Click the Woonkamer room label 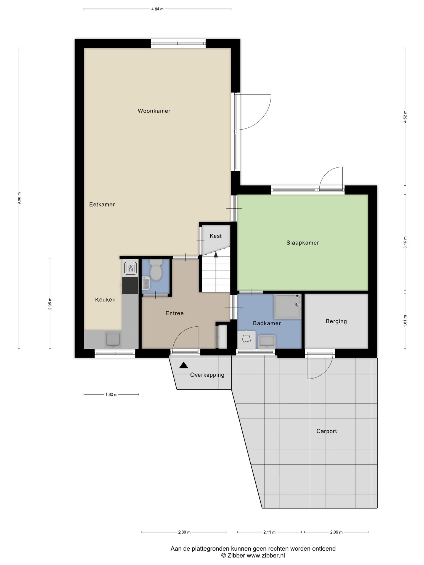(154, 111)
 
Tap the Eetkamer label (102, 204)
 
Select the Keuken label (105, 300)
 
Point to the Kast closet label (216, 236)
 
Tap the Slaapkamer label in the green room (303, 243)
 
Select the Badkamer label (267, 323)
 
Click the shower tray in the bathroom (287, 306)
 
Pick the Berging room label (336, 321)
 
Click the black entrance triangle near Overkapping (184, 365)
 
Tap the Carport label (327, 431)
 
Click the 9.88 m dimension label (19, 198)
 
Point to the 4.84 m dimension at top (157, 9)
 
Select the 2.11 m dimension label (269, 532)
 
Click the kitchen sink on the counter (113, 340)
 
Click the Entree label (174, 313)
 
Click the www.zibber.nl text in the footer (266, 556)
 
